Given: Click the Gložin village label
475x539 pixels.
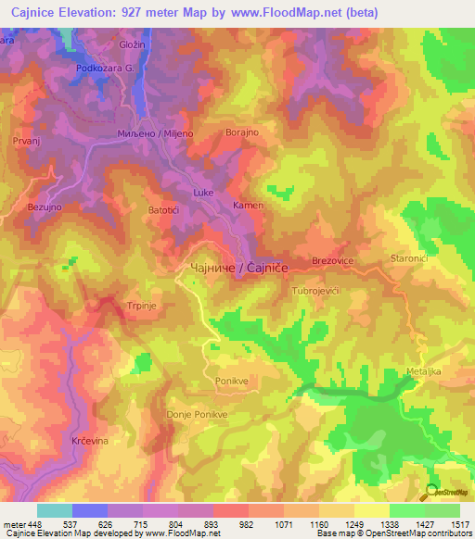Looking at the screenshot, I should tap(134, 44).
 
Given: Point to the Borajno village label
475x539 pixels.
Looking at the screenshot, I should tap(244, 132).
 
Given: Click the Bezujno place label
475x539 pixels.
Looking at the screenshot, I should tap(45, 207).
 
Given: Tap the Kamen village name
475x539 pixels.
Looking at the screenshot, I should tap(249, 205).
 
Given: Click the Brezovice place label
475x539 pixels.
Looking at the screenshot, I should tap(334, 262).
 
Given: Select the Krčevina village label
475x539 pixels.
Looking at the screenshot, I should tap(91, 441).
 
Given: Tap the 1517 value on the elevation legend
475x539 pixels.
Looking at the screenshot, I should tap(457, 524).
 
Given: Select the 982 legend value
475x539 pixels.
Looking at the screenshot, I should tap(246, 524).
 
